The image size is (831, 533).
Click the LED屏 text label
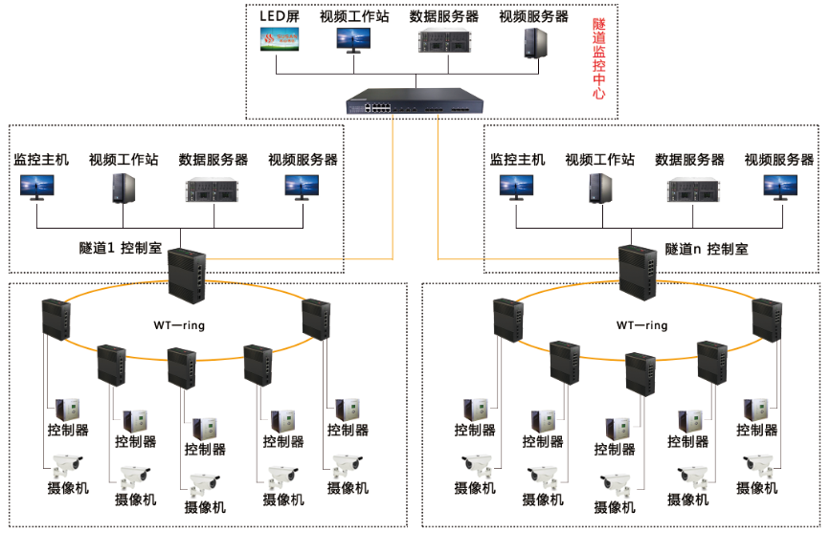click(x=281, y=17)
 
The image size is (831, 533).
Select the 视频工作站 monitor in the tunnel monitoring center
click(x=353, y=38)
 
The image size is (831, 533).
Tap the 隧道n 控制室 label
click(x=707, y=248)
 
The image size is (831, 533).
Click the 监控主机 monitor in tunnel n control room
click(x=517, y=187)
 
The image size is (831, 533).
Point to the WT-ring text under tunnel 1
click(x=179, y=325)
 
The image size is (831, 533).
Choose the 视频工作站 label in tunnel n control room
click(x=599, y=160)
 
